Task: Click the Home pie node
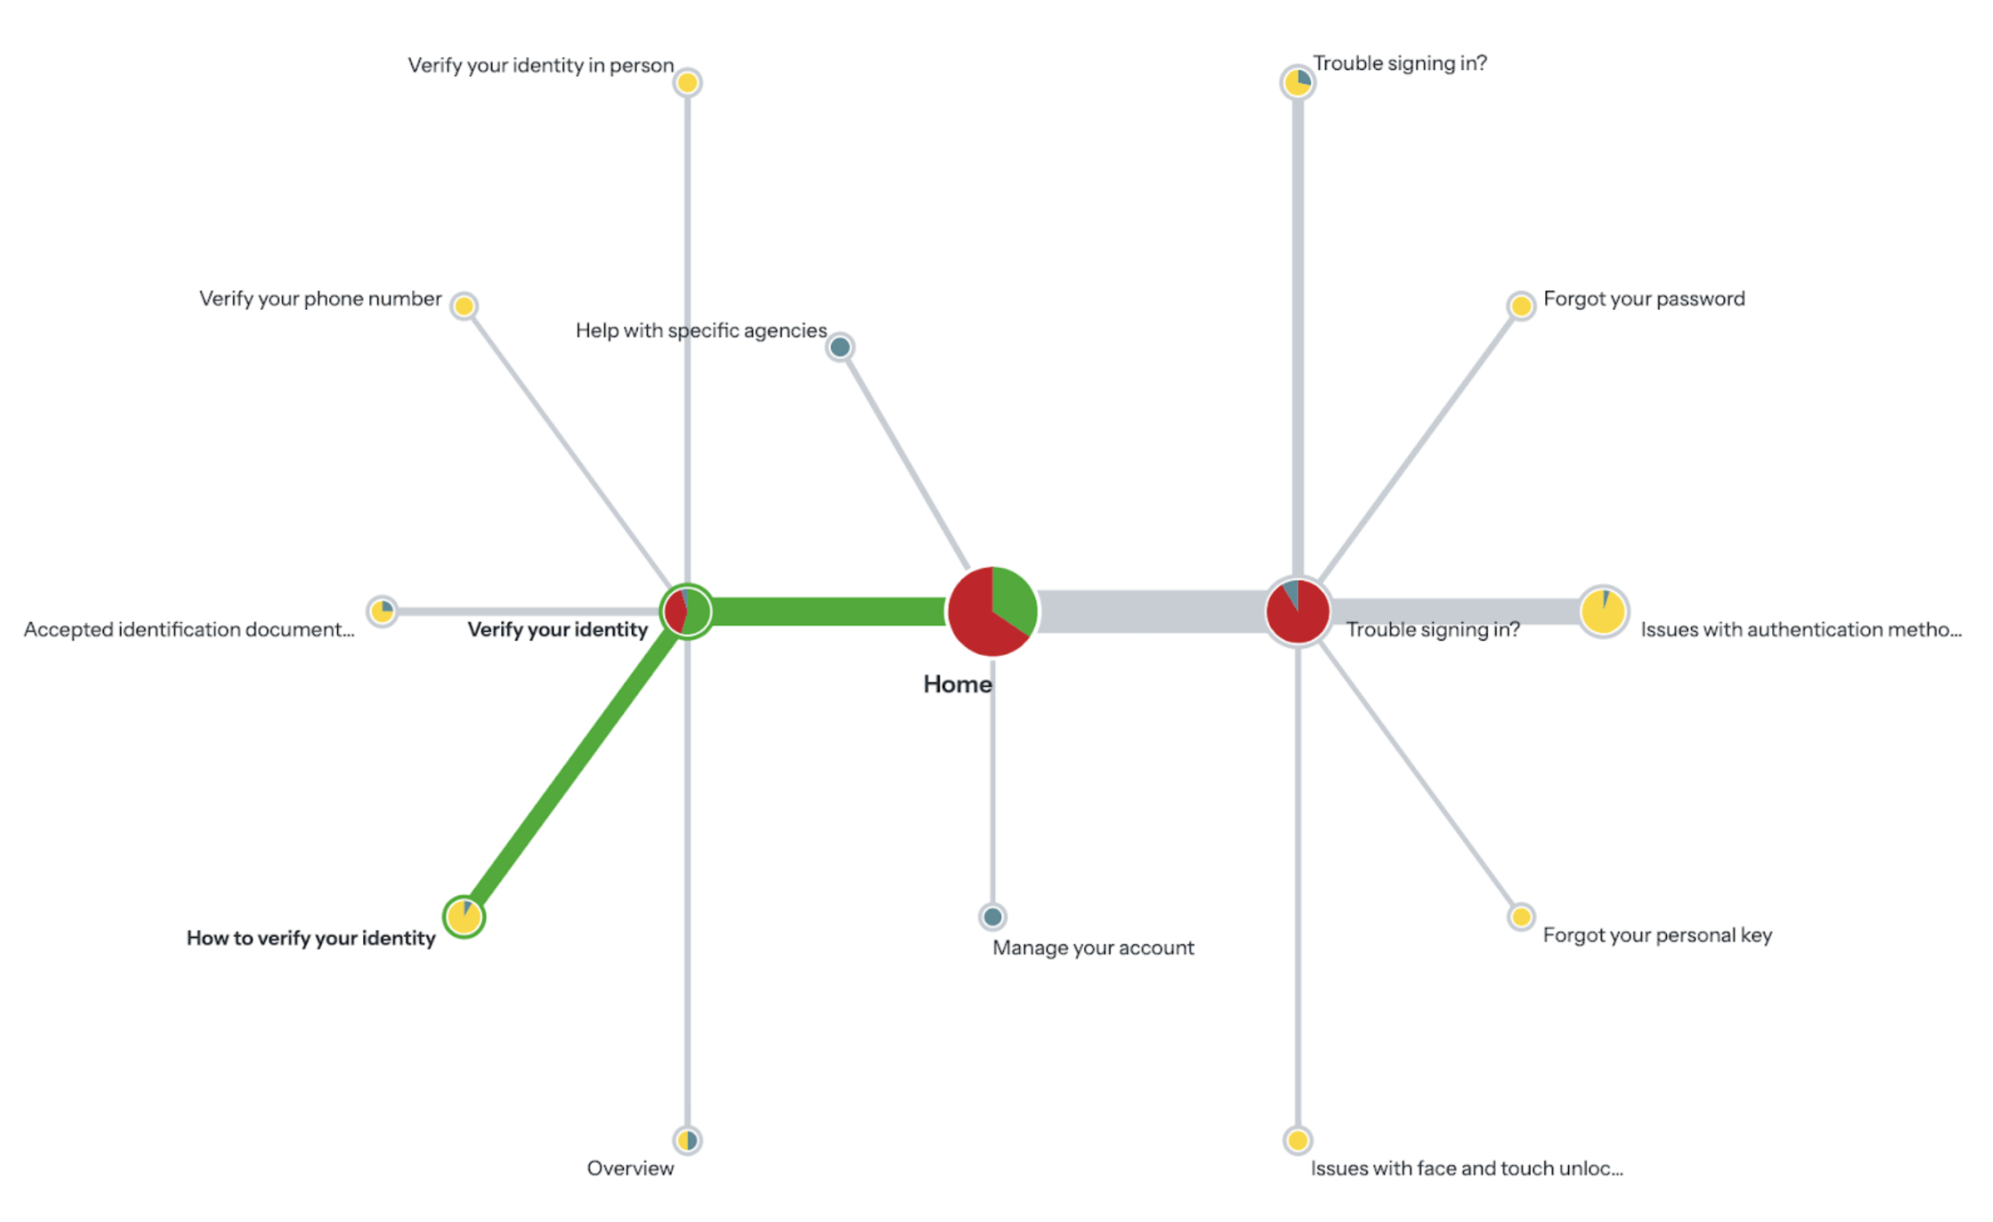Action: (992, 612)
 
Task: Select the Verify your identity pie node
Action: (687, 612)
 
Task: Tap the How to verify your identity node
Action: (463, 916)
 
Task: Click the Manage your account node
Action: (992, 916)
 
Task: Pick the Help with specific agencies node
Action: (840, 347)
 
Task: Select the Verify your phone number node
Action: (463, 306)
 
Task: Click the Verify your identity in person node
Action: (687, 83)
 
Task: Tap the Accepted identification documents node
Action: (381, 612)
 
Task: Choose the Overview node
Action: (687, 1140)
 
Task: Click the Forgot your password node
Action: (1521, 306)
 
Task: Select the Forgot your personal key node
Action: (1521, 916)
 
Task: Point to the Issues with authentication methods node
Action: (1602, 612)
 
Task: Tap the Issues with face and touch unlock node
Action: (1298, 1140)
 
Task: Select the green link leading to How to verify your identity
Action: (574, 764)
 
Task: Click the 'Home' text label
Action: (957, 684)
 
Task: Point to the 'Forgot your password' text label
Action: (1644, 299)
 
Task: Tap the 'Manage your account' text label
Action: (1093, 947)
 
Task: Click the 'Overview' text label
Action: (630, 1168)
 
